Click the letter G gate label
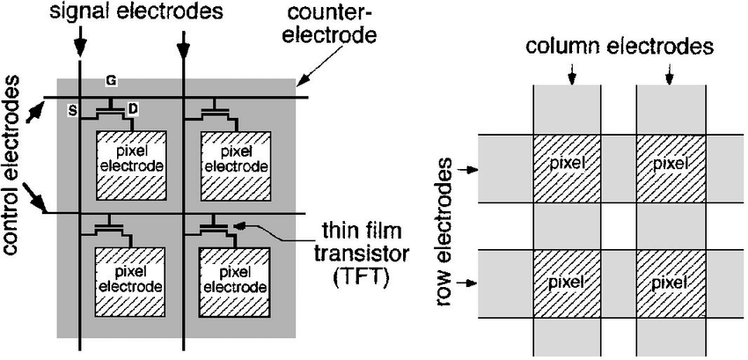111,81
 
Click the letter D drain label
132,108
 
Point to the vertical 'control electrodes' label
12,165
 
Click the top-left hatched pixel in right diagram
567,165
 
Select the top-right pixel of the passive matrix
670,165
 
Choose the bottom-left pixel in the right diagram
567,283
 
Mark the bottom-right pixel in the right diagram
670,283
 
